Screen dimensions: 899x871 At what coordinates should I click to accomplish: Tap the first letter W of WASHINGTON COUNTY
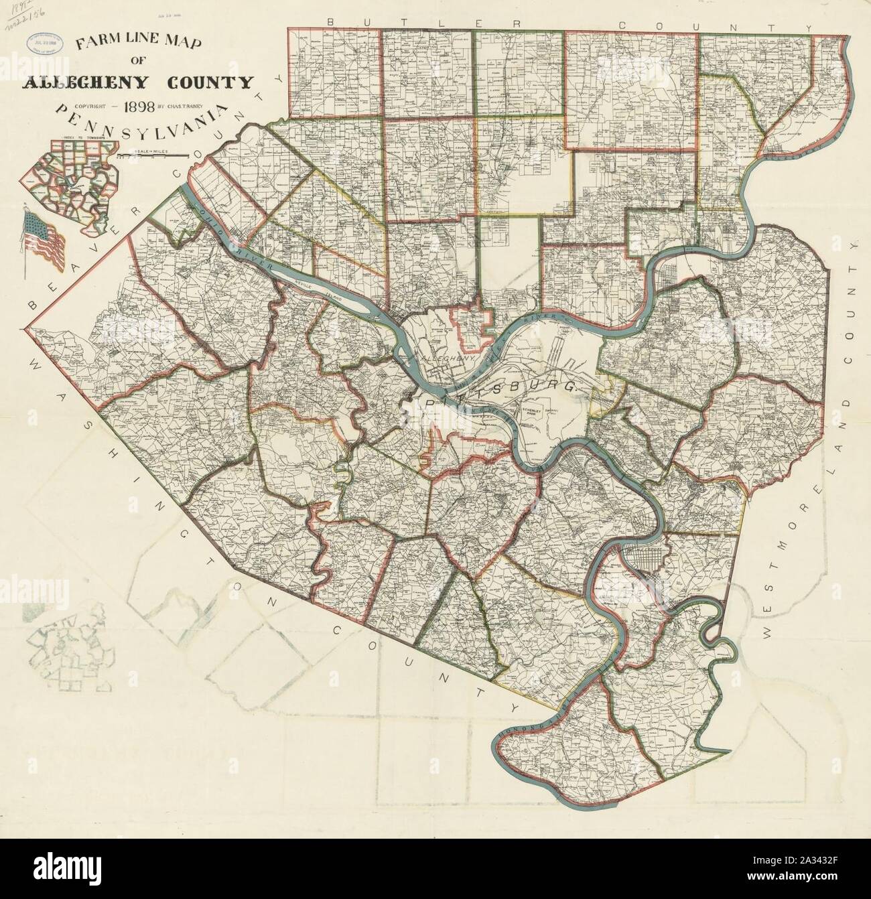[x=38, y=362]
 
